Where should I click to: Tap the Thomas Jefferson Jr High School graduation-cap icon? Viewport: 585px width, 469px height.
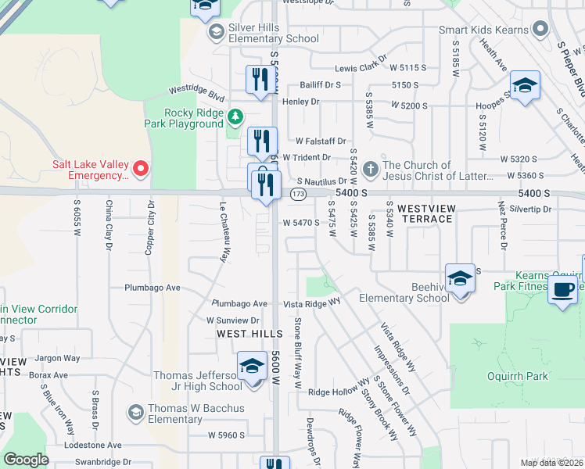coord(252,366)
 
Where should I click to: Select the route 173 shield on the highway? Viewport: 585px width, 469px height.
coord(298,192)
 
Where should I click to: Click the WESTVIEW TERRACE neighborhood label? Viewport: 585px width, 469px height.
coord(425,213)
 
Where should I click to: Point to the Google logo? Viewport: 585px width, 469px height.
coord(27,460)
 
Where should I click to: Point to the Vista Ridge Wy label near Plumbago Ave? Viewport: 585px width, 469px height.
coord(312,302)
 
